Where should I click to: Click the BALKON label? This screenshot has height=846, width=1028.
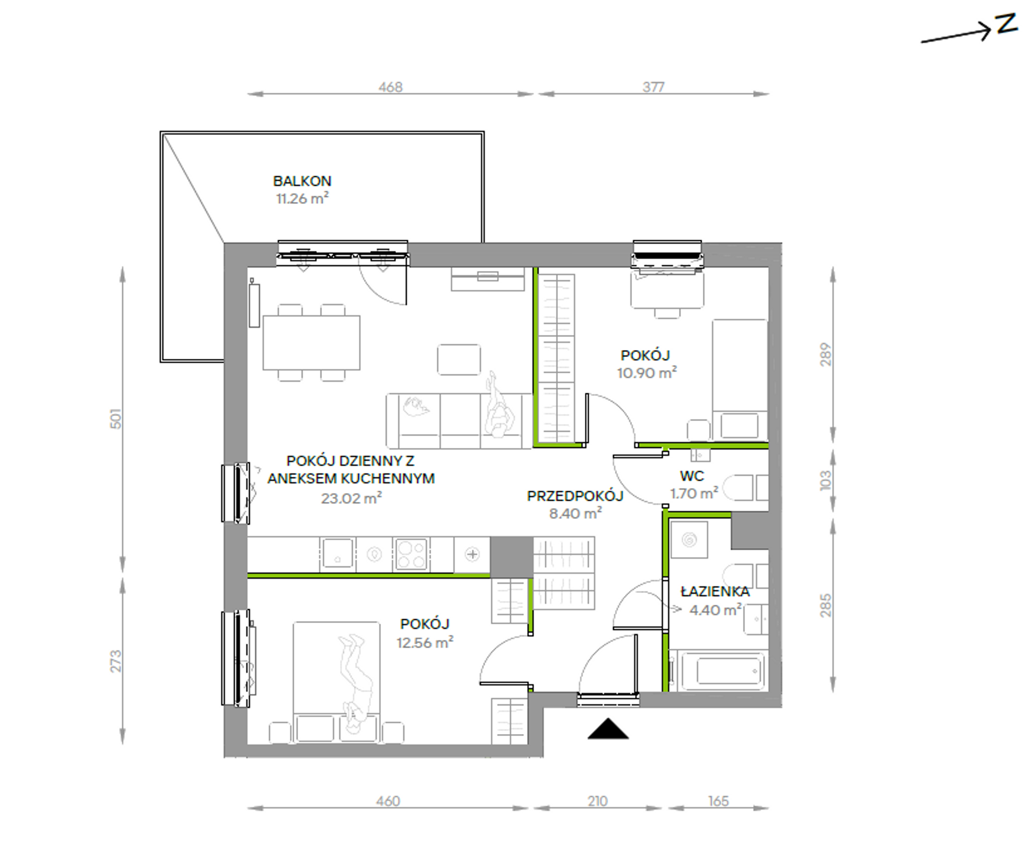302,181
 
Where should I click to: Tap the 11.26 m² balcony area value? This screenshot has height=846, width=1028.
302,199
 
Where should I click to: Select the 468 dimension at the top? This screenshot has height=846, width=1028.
391,87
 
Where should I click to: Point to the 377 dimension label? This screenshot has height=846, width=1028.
654,87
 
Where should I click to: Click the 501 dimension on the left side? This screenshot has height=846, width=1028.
116,419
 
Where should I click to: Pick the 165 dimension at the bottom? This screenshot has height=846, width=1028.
719,801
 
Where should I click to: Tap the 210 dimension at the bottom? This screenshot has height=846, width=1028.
597,801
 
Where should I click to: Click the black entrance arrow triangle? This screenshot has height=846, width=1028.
608,729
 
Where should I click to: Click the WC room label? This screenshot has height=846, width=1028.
692,476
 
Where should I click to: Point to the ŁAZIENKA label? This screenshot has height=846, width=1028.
715,591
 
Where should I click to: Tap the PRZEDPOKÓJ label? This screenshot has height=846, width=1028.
575,495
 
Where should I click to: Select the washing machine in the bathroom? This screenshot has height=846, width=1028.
689,539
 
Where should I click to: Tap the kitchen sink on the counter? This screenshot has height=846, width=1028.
337,554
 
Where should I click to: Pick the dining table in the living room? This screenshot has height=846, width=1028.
312,343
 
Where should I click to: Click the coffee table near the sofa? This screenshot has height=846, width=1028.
459,360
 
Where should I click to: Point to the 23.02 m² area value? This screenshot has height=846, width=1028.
352,498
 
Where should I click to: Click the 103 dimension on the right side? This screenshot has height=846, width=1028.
826,480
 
